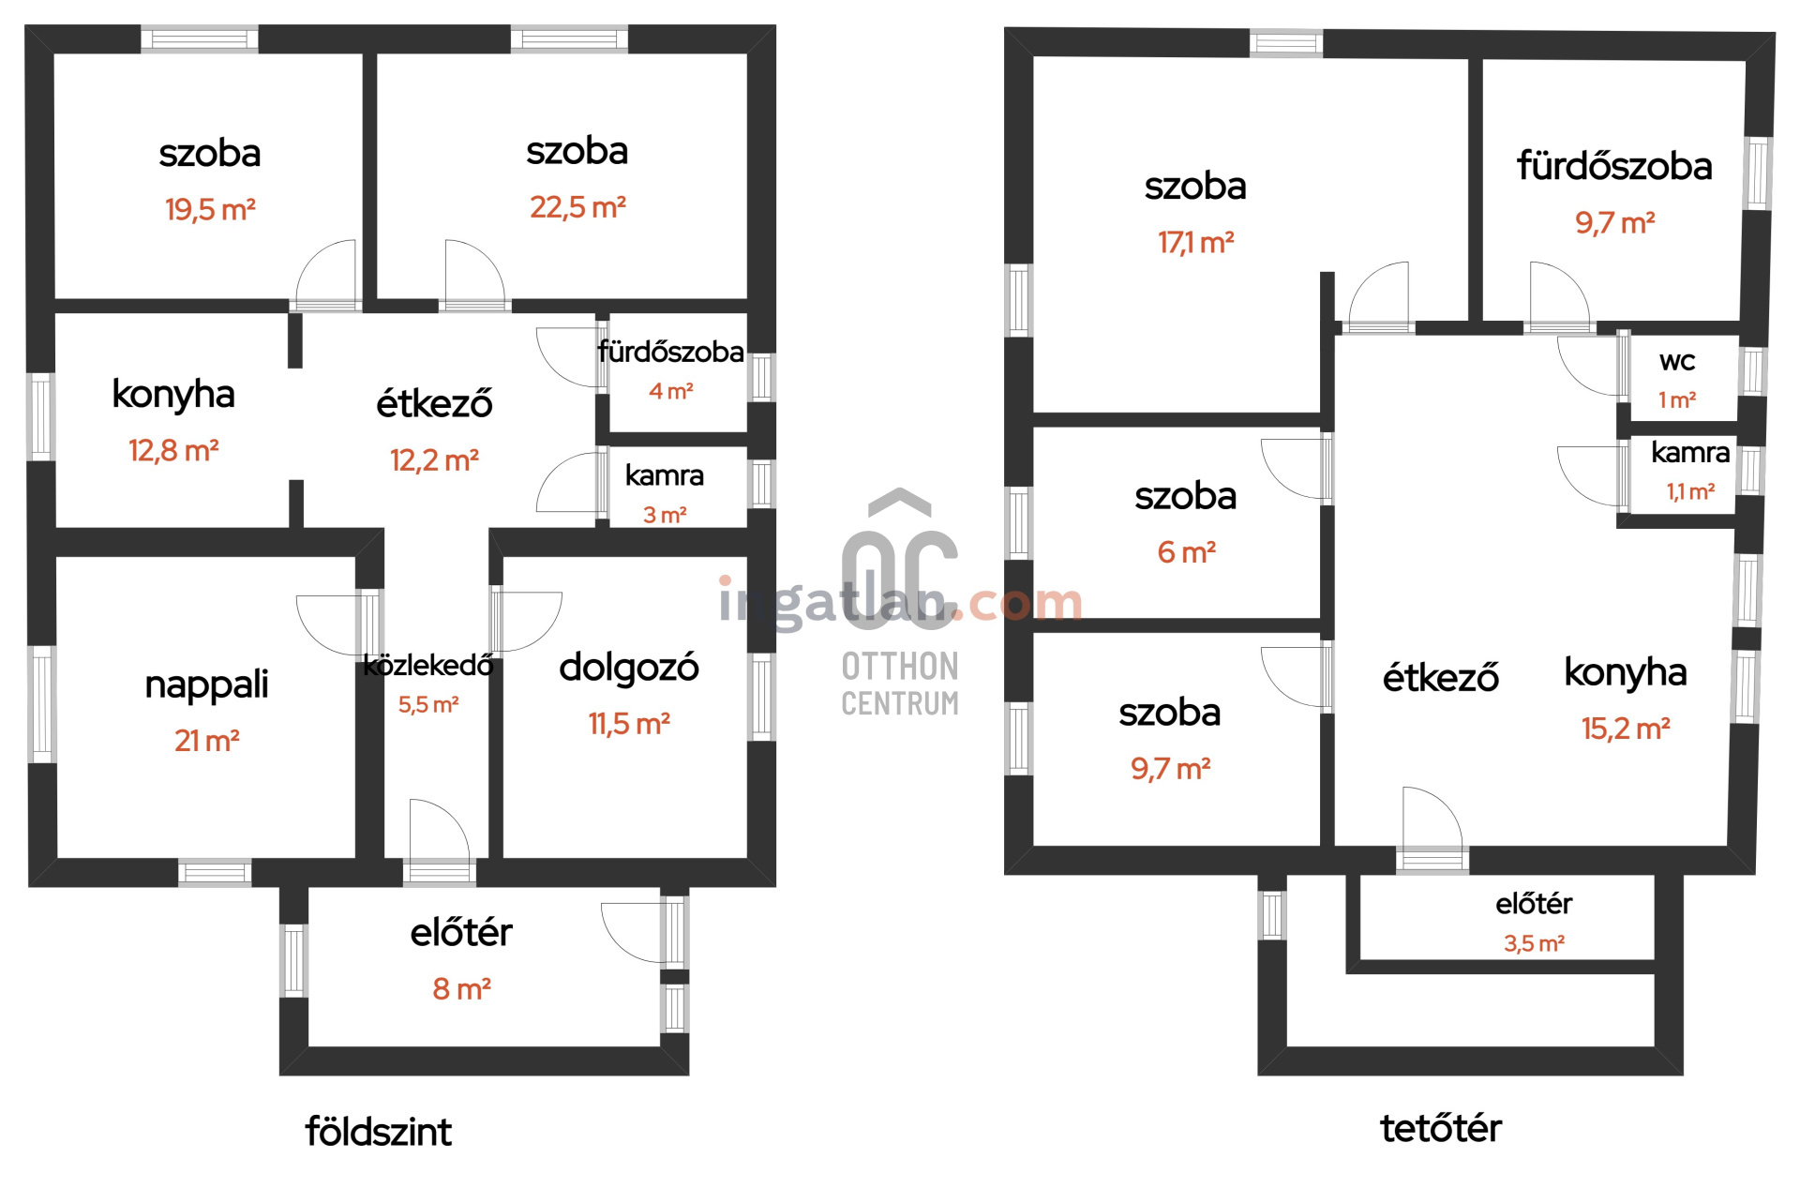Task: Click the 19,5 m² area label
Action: tap(210, 209)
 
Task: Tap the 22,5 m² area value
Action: tap(577, 206)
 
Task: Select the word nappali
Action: tap(206, 684)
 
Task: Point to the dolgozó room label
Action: tap(628, 668)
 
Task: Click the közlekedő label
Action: tap(428, 666)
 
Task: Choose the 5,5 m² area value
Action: tap(428, 704)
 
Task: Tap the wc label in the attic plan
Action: tap(1677, 361)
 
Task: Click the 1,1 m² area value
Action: tap(1690, 491)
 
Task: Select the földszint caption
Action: tap(378, 1132)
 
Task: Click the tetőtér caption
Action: tap(1440, 1128)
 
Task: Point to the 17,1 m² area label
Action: tap(1195, 243)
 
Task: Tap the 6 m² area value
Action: tap(1186, 552)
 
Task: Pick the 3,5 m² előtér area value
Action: tap(1534, 943)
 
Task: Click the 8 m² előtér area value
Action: tap(461, 988)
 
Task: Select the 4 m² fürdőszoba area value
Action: tap(670, 391)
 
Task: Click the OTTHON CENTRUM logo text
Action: tap(900, 684)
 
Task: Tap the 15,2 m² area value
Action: tap(1626, 729)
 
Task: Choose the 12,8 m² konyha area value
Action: tap(173, 451)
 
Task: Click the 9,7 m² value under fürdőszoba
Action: tap(1614, 223)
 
